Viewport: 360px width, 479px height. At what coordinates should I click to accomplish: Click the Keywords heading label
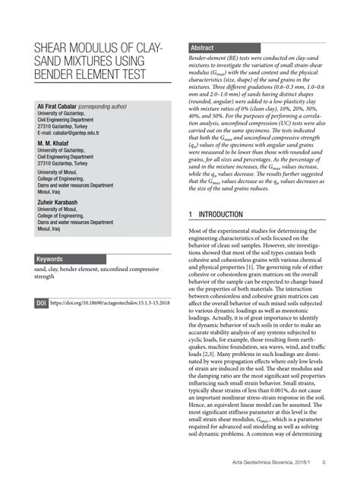coord(49,259)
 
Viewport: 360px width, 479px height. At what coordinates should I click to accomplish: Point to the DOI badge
coord(41,303)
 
